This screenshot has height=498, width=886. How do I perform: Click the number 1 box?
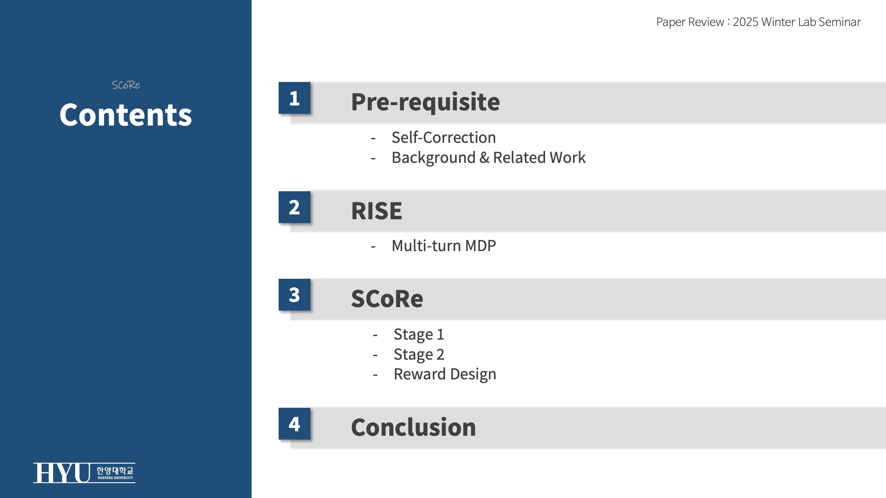pyautogui.click(x=295, y=98)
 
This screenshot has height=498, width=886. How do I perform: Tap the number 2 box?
pyautogui.click(x=295, y=207)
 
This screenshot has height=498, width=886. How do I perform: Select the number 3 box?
pyautogui.click(x=295, y=295)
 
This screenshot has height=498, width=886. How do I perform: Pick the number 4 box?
pyautogui.click(x=295, y=424)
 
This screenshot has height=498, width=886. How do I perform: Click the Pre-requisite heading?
pyautogui.click(x=425, y=102)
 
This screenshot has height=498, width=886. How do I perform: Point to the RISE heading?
pyautogui.click(x=377, y=211)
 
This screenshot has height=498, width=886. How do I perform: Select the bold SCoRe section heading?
pyautogui.click(x=387, y=298)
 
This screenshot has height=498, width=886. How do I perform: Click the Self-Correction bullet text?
pyautogui.click(x=444, y=137)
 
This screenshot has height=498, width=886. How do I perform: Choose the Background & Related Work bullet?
pyautogui.click(x=489, y=158)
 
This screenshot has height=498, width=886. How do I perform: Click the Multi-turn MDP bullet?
pyautogui.click(x=444, y=246)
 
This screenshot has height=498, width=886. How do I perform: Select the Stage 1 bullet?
pyautogui.click(x=419, y=334)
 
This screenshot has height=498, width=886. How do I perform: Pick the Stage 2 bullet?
pyautogui.click(x=419, y=354)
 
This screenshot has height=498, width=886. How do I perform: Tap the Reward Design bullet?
pyautogui.click(x=445, y=375)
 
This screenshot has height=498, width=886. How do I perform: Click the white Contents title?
pyautogui.click(x=126, y=115)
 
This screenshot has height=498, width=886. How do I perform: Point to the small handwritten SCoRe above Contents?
pyautogui.click(x=126, y=85)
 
